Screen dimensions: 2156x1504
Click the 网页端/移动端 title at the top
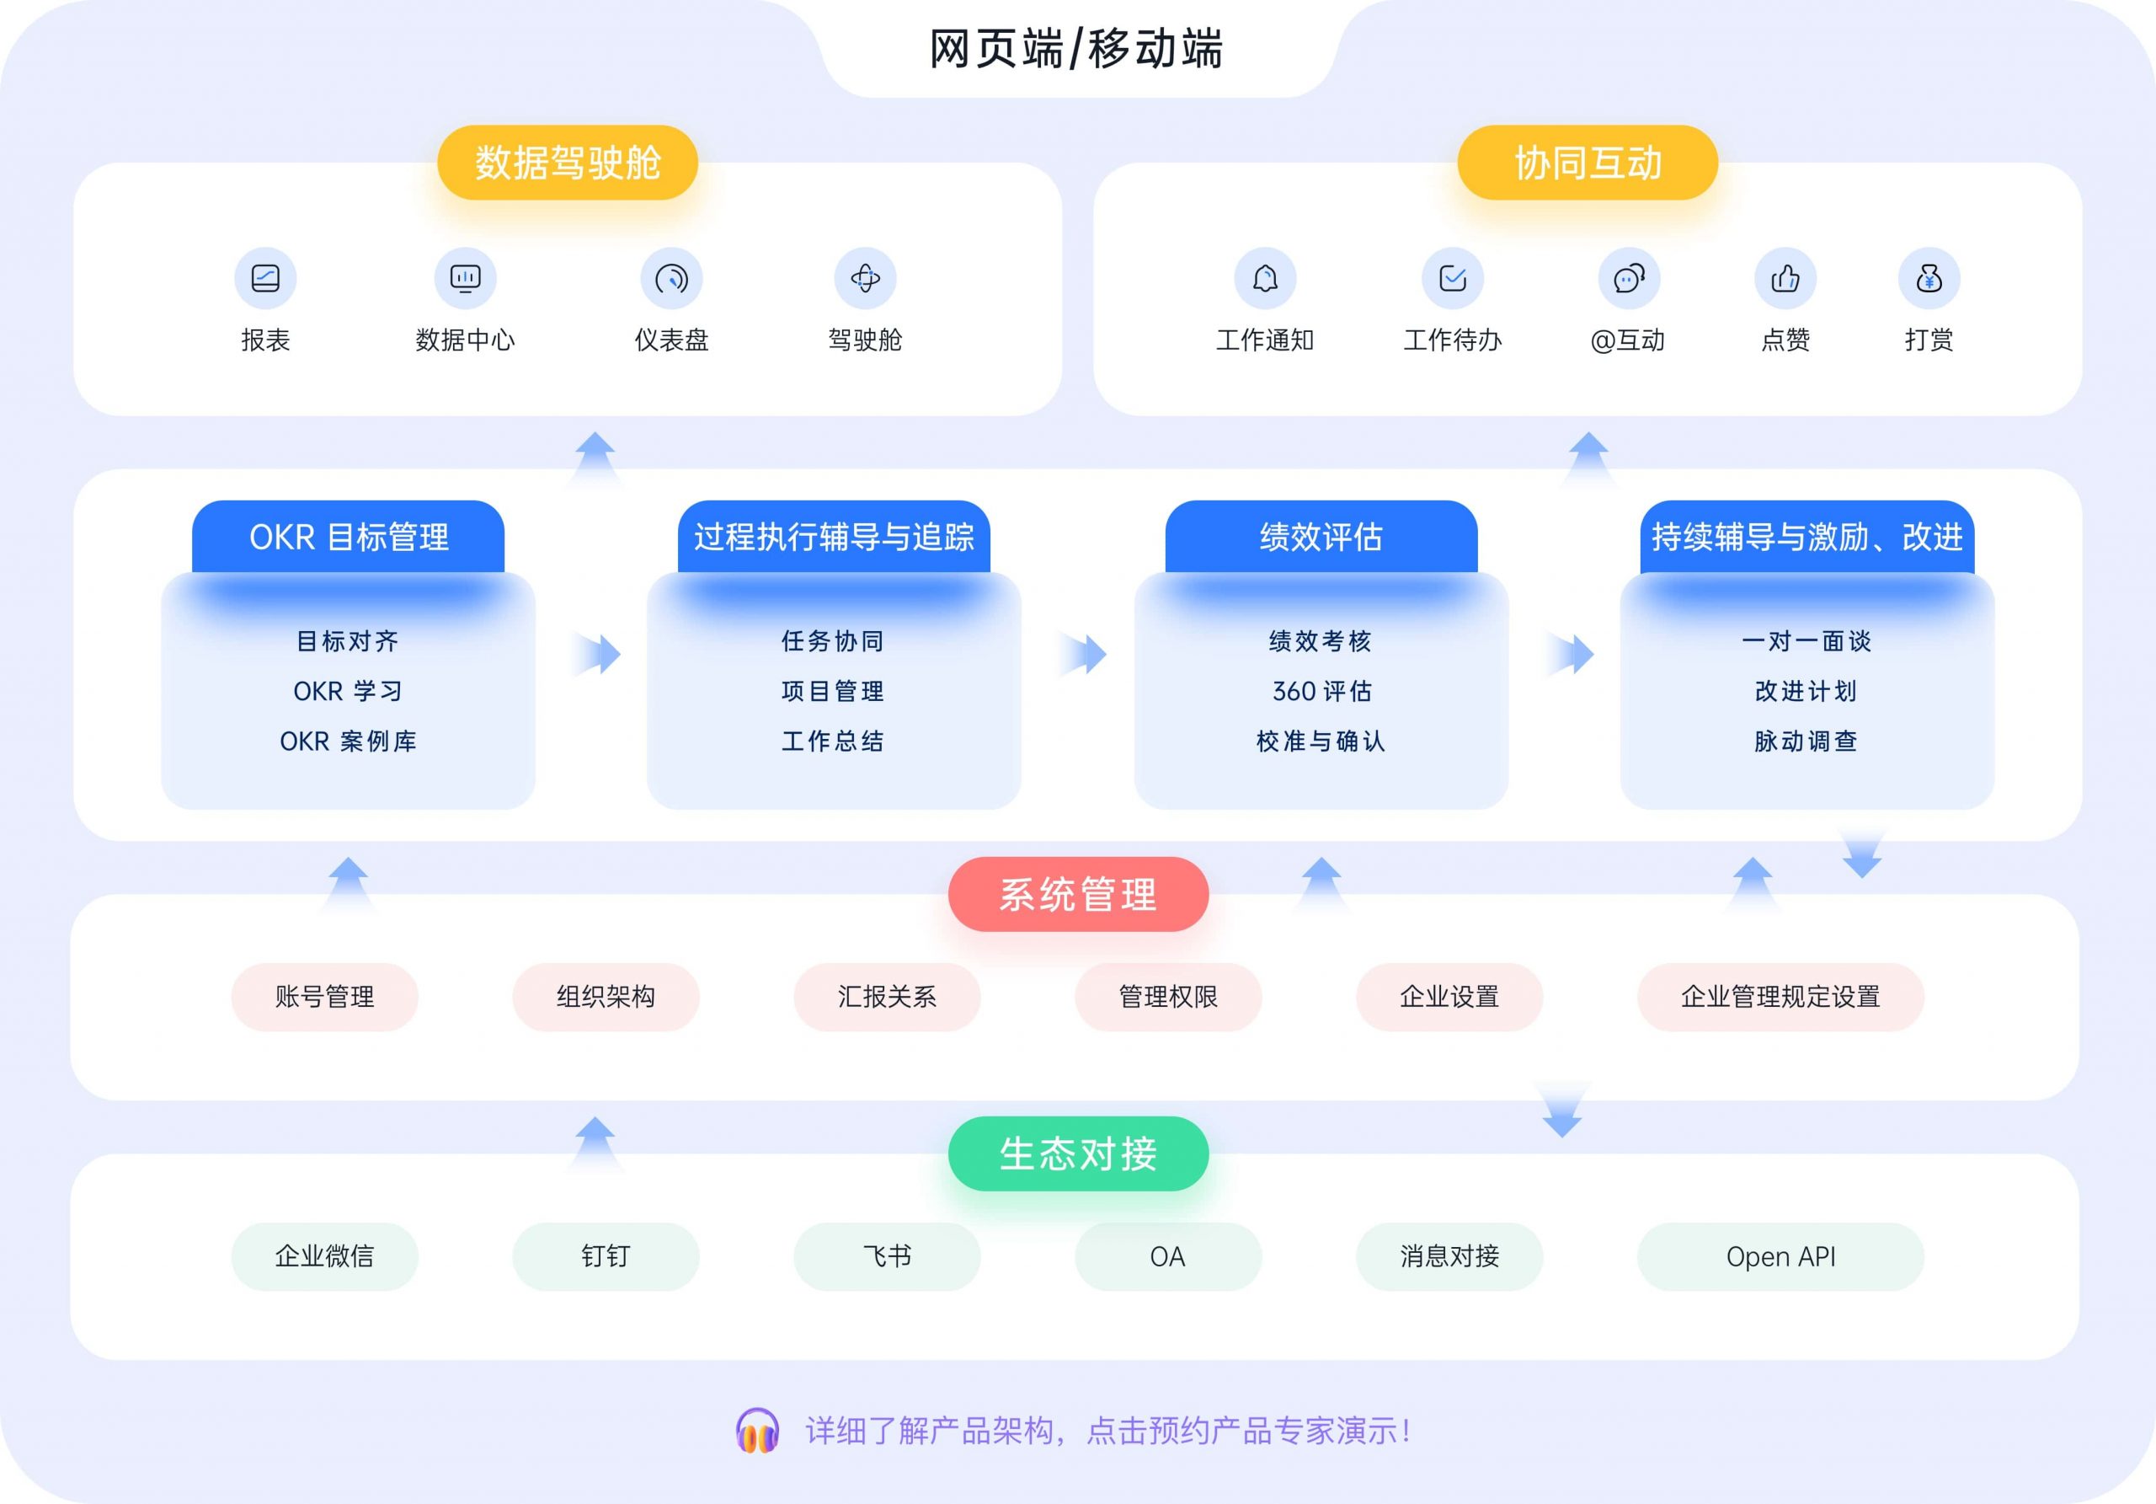[1076, 49]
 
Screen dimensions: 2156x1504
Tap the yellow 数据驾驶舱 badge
[567, 163]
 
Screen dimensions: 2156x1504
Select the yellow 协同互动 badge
[1587, 163]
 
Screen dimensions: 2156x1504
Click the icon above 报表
[266, 278]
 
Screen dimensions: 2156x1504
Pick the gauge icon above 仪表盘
[671, 278]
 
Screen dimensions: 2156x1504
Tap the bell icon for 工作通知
[1265, 278]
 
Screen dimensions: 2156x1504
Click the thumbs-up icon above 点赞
[1785, 278]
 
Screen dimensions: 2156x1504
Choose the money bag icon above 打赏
[1929, 278]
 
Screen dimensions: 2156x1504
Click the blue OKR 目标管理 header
[349, 537]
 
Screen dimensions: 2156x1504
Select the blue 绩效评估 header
[1321, 537]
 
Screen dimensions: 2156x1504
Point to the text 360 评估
[1321, 692]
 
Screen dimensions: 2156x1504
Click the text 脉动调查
[1806, 741]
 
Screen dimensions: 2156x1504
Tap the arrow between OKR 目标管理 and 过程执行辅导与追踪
[597, 654]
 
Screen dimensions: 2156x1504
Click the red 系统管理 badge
[1078, 894]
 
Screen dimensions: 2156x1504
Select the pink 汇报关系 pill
[888, 997]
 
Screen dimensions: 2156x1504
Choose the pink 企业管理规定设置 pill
[1780, 997]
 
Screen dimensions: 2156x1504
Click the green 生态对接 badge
[1078, 1153]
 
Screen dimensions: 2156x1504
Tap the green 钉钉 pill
[606, 1256]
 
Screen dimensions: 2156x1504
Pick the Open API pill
[1780, 1256]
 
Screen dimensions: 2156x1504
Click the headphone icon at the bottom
[757, 1431]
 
